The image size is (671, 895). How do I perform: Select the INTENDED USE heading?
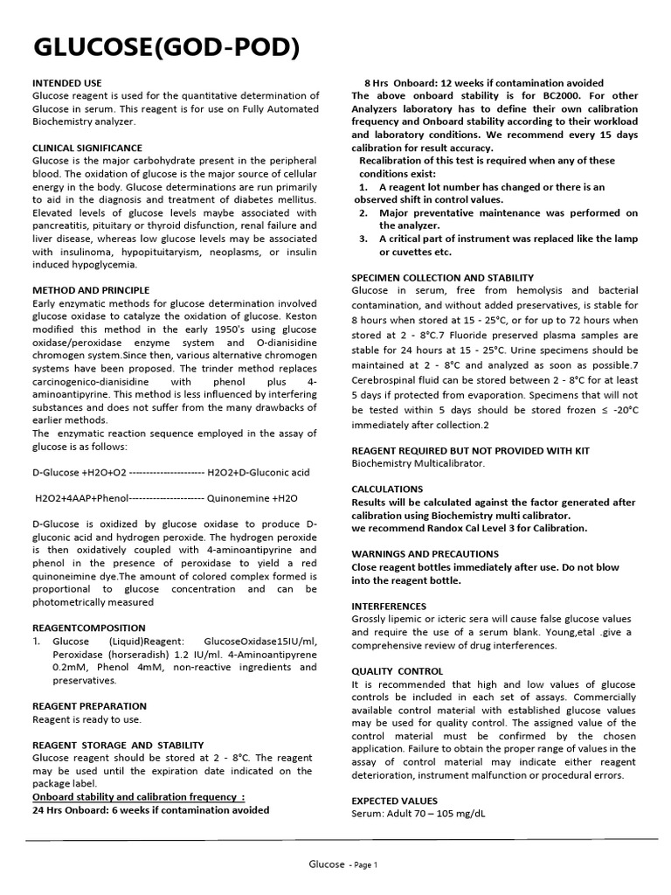67,82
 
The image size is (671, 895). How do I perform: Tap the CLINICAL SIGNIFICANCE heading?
87,148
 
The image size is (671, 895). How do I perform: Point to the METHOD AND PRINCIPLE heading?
91,290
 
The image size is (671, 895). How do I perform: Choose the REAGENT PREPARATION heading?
89,705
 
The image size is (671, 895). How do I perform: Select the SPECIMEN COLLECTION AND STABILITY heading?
442,278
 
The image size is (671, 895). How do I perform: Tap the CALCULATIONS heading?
387,489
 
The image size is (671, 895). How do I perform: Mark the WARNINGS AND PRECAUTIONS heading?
425,554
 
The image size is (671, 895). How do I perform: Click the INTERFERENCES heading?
389,606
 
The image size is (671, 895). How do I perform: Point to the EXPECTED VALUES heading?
394,801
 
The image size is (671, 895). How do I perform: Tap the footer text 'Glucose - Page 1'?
342,864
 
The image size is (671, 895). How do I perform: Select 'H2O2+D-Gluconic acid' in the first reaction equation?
259,472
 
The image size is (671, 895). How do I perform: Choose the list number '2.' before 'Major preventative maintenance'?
363,212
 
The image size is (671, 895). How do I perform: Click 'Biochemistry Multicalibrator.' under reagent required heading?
418,462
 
